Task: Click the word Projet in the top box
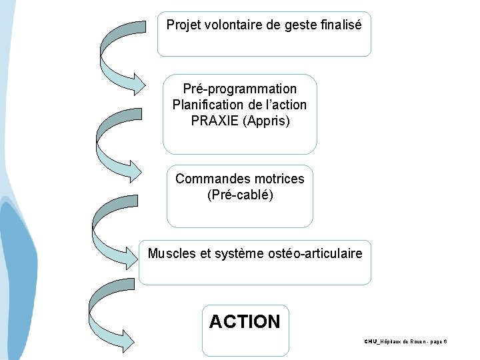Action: pyautogui.click(x=182, y=25)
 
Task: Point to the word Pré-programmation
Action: pyautogui.click(x=240, y=89)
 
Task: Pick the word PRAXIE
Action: pyautogui.click(x=215, y=121)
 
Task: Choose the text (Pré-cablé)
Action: pyautogui.click(x=240, y=195)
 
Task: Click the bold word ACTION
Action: pyautogui.click(x=245, y=322)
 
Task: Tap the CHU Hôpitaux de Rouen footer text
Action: pyautogui.click(x=405, y=341)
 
